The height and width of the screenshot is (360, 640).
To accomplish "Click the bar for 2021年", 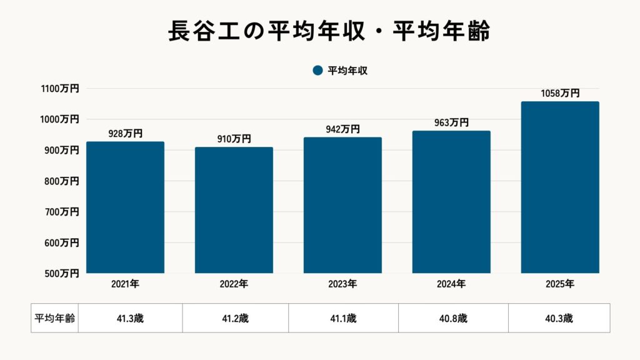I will pyautogui.click(x=125, y=207).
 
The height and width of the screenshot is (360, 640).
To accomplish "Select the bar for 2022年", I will pyautogui.click(x=234, y=210).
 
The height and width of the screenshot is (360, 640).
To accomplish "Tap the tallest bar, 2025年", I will pyautogui.click(x=560, y=187).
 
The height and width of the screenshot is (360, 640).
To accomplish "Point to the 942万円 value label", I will pyautogui.click(x=342, y=129).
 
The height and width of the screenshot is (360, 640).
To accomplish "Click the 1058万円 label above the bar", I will pyautogui.click(x=560, y=94).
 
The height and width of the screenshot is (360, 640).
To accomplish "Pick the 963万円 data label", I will pyautogui.click(x=451, y=123).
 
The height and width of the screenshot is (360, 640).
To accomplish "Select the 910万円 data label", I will pyautogui.click(x=234, y=139).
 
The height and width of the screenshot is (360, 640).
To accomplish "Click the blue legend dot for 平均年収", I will pyautogui.click(x=317, y=71).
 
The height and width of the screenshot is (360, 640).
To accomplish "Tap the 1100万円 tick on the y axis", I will pyautogui.click(x=61, y=89).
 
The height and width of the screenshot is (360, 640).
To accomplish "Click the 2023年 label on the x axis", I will pyautogui.click(x=342, y=284).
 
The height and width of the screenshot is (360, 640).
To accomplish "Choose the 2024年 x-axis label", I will pyautogui.click(x=451, y=284).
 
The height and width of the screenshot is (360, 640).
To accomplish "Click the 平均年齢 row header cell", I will pyautogui.click(x=54, y=318).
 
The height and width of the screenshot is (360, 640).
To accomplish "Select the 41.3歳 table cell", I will pyautogui.click(x=130, y=318).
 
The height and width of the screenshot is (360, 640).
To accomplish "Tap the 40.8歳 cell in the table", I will pyautogui.click(x=453, y=318).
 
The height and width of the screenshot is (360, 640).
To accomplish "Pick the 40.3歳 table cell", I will pyautogui.click(x=559, y=318).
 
